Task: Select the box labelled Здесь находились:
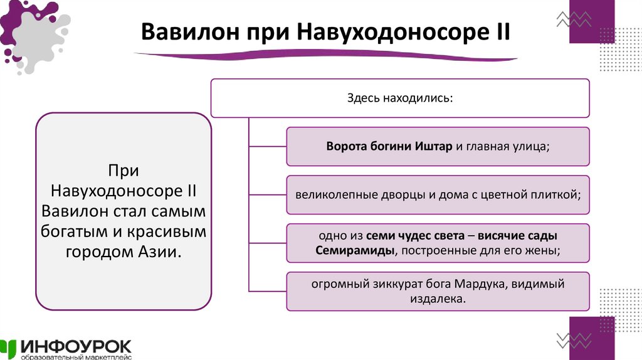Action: [400, 98]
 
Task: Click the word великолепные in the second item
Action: [337, 194]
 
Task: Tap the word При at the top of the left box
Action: [123, 171]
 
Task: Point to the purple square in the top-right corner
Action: [592, 22]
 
